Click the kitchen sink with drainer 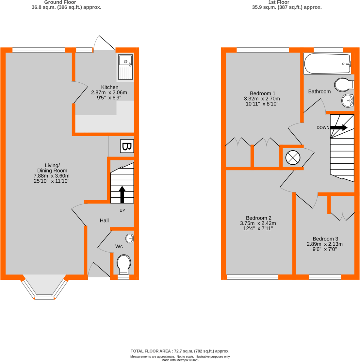125,67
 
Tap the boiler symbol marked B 127,146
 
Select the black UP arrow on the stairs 122,195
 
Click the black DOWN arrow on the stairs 339,127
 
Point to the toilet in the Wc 124,264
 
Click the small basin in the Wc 130,239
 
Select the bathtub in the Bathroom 327,64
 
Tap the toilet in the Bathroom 344,85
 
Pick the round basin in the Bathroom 348,101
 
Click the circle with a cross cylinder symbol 293,158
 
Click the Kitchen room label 110,87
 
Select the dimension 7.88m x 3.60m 52,176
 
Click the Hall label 104,221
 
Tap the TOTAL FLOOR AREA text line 180,351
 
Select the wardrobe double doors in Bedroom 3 342,216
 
